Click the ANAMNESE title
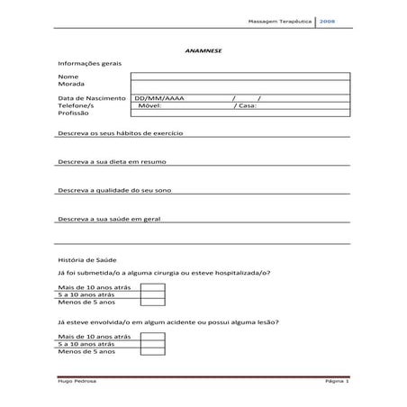(x=203, y=50)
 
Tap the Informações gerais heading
(x=89, y=64)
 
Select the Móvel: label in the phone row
(x=149, y=105)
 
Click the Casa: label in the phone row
(x=245, y=105)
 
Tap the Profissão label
(x=74, y=114)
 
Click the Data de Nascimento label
(x=91, y=97)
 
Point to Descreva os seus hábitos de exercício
(x=120, y=132)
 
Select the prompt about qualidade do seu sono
(x=113, y=191)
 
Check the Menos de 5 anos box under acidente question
(x=152, y=352)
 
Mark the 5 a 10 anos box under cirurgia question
(x=152, y=294)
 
